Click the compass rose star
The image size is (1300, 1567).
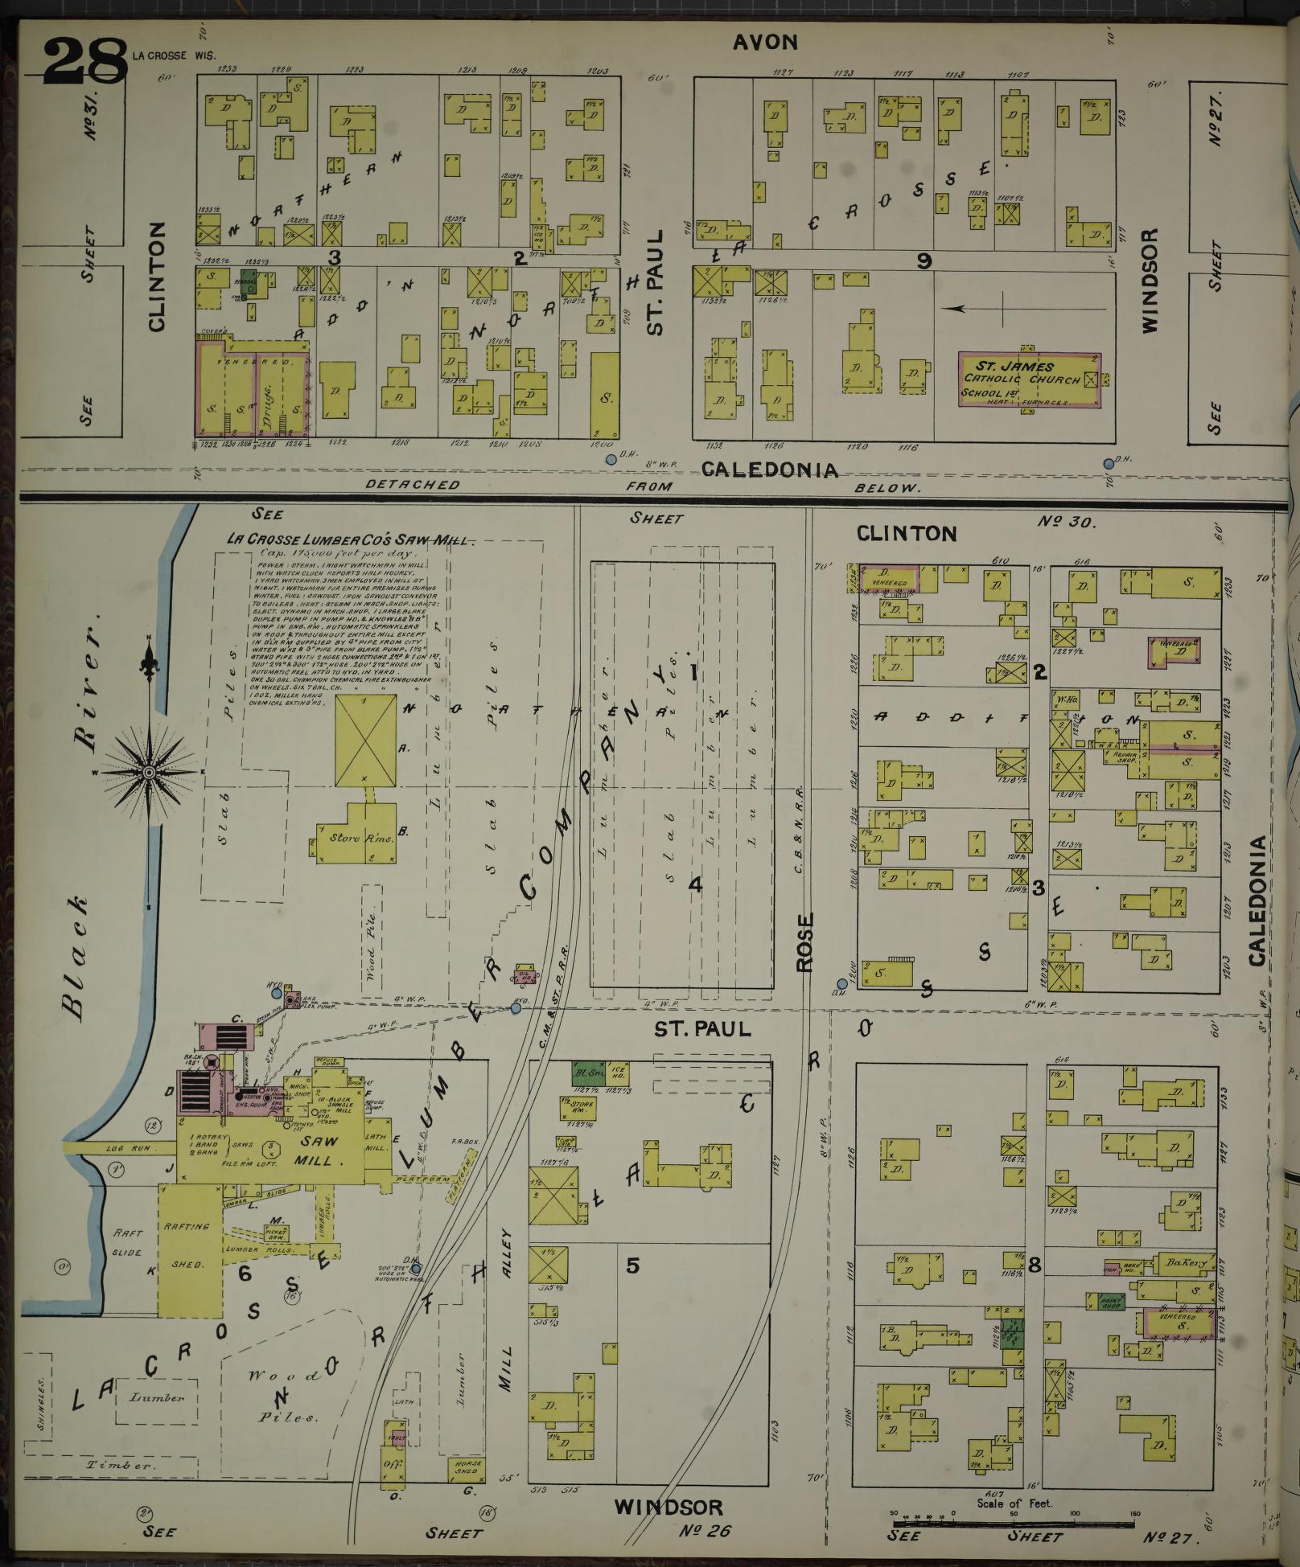point(149,773)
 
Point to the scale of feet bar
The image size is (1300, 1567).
point(1013,1523)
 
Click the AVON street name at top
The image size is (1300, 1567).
point(764,42)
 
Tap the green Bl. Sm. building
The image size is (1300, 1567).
point(589,1073)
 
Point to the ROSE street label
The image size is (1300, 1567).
point(806,942)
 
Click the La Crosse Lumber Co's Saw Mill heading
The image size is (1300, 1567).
point(350,540)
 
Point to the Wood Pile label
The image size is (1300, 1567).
point(372,941)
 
